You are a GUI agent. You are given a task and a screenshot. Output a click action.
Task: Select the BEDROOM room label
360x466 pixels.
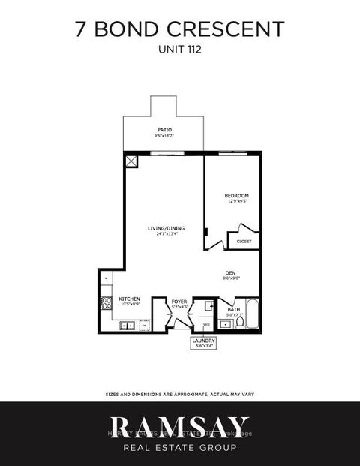pos(235,195)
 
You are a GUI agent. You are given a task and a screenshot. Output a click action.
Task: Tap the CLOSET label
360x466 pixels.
pos(244,242)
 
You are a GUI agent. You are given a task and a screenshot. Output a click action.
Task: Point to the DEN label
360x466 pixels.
pos(231,273)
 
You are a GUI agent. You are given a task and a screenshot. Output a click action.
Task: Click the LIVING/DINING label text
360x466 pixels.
pos(166,227)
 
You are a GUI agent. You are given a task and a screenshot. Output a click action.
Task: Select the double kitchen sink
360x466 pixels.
pos(129,326)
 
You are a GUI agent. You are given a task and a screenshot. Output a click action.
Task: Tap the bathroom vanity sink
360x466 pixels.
pos(226,323)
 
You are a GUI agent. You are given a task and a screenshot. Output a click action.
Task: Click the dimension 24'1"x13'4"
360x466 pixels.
pos(166,234)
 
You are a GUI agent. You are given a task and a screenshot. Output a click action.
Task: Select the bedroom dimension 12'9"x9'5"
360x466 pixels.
pos(235,201)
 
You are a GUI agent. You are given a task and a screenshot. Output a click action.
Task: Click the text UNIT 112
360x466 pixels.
pos(180,52)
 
